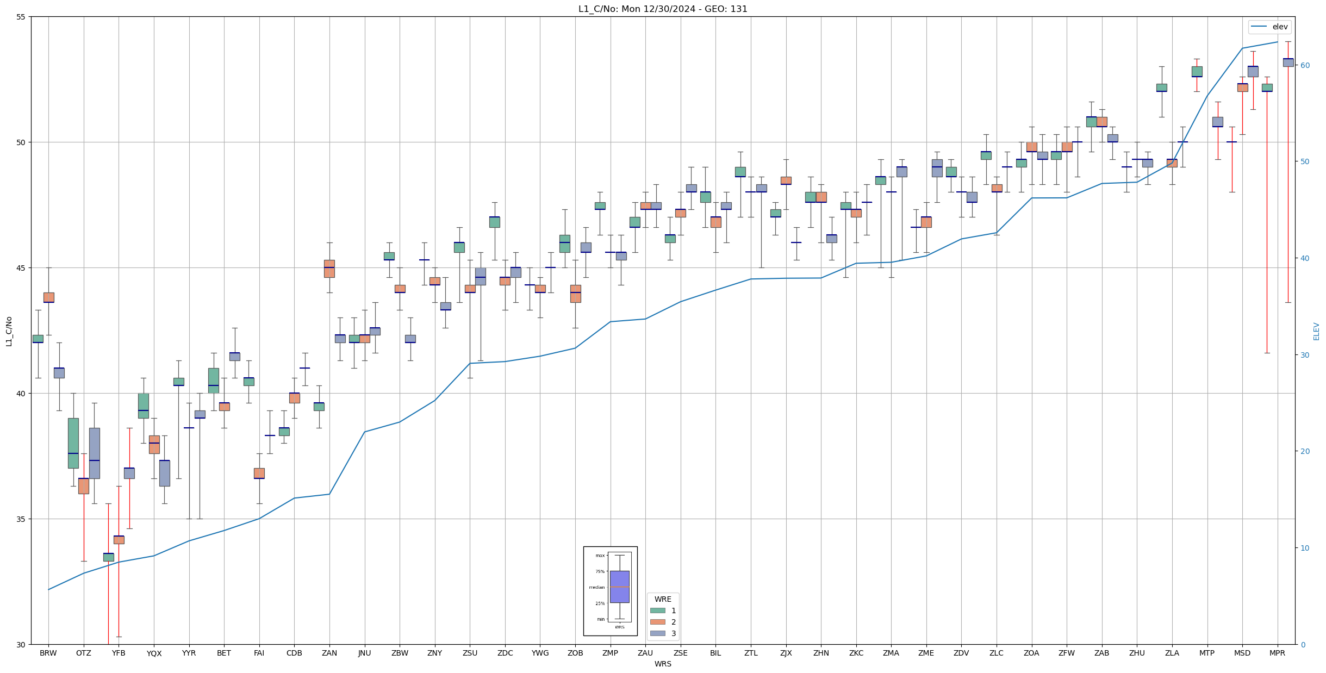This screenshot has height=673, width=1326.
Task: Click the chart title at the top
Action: click(x=663, y=9)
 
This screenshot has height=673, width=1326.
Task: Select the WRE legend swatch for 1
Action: click(x=657, y=610)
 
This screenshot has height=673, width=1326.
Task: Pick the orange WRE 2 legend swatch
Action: click(x=657, y=622)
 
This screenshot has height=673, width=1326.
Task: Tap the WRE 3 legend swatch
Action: click(x=657, y=633)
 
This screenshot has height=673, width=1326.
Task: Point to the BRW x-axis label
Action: click(x=48, y=653)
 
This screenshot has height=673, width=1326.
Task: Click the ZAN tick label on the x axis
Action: click(x=329, y=653)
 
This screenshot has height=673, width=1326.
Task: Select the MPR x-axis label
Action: click(x=1277, y=653)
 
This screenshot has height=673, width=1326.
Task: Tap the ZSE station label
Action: click(x=680, y=653)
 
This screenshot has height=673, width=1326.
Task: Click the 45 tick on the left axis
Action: click(x=21, y=268)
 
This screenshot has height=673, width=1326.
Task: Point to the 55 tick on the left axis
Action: click(x=21, y=17)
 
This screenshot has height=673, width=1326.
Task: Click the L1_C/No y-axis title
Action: click(x=9, y=331)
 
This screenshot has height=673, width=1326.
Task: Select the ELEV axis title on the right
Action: click(x=1316, y=331)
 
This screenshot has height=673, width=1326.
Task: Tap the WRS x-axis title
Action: click(x=663, y=664)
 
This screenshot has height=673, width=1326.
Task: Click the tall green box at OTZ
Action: click(x=73, y=443)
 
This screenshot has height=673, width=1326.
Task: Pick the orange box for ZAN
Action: click(x=329, y=269)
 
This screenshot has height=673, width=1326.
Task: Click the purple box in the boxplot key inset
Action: click(x=619, y=587)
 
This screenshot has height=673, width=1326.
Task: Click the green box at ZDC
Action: click(x=494, y=222)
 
